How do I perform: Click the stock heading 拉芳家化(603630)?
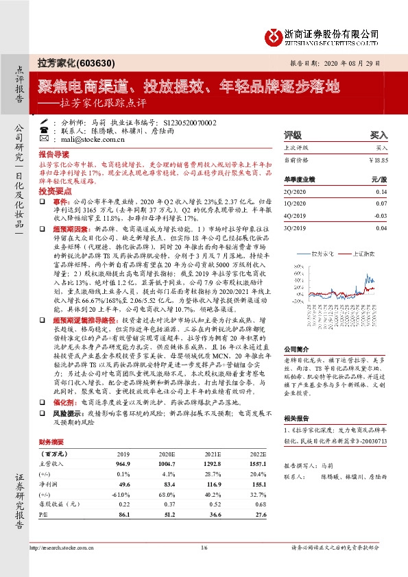coord(67,62)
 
